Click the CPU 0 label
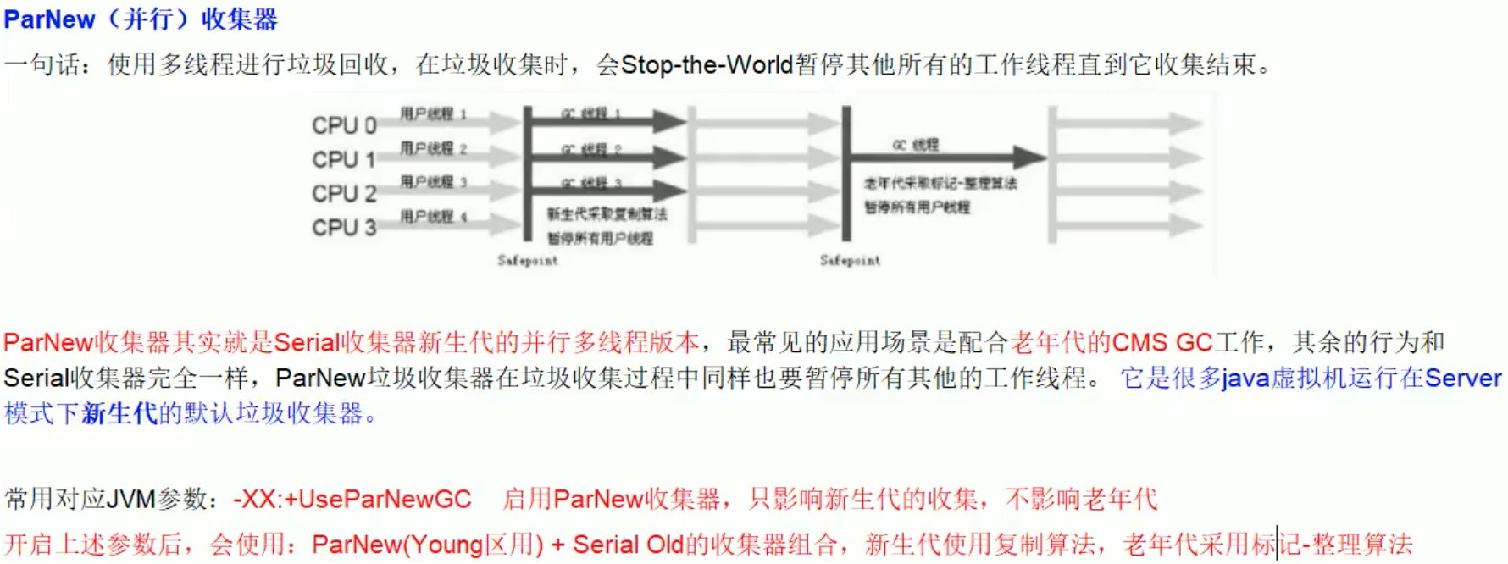(x=344, y=125)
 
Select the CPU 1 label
(x=344, y=159)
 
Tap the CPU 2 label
(x=344, y=194)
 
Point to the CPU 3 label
(x=344, y=228)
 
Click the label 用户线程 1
(x=433, y=113)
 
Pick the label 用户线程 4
(x=433, y=217)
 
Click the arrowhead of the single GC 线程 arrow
(x=1028, y=157)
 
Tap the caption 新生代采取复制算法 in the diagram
(x=607, y=214)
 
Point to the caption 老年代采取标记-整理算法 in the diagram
(x=940, y=183)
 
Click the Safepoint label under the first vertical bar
(x=528, y=261)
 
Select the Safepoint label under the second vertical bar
(x=850, y=261)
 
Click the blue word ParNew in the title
(x=49, y=19)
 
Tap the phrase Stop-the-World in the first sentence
(x=707, y=64)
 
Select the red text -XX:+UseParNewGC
(x=352, y=499)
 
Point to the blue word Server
(x=1463, y=378)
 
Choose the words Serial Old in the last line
(x=628, y=544)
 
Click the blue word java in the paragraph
(x=1245, y=378)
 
